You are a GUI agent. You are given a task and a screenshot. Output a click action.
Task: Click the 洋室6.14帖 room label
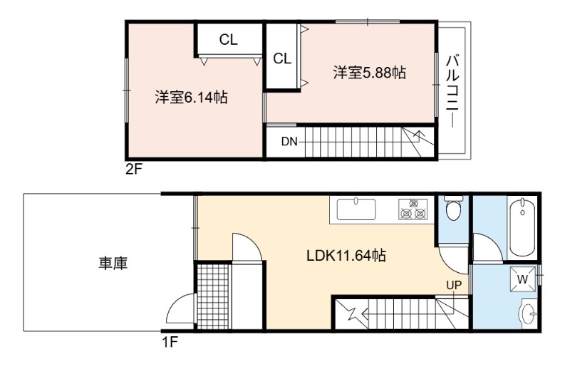[x=191, y=98]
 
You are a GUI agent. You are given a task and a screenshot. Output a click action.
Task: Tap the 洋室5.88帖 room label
[x=369, y=73]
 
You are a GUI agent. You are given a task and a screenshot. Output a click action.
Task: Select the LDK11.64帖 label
[x=346, y=256]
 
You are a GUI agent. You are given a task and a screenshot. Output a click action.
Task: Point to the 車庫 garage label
[x=113, y=263]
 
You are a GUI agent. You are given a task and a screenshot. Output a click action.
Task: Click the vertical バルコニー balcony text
[x=452, y=90]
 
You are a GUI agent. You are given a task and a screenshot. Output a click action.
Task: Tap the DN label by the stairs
[x=289, y=142]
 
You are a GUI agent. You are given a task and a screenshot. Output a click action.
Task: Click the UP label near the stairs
[x=454, y=286]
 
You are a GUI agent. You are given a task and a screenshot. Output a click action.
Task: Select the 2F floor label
[x=133, y=169]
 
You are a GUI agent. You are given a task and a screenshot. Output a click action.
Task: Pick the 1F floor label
[x=170, y=342]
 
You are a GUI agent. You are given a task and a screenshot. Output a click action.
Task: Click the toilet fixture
[x=453, y=207]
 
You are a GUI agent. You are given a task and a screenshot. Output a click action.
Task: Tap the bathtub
[x=522, y=227]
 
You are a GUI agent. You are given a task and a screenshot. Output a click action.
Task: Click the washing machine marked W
[x=522, y=279]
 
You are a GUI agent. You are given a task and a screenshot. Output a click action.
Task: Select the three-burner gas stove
[x=413, y=209]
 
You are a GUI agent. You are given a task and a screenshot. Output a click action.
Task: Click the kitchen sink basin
[x=356, y=209]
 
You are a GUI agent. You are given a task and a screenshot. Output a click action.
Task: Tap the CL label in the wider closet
[x=228, y=40]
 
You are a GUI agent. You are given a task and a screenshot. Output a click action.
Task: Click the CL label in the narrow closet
[x=282, y=58]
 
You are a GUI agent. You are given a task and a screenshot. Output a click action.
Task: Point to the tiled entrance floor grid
[x=213, y=296]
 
